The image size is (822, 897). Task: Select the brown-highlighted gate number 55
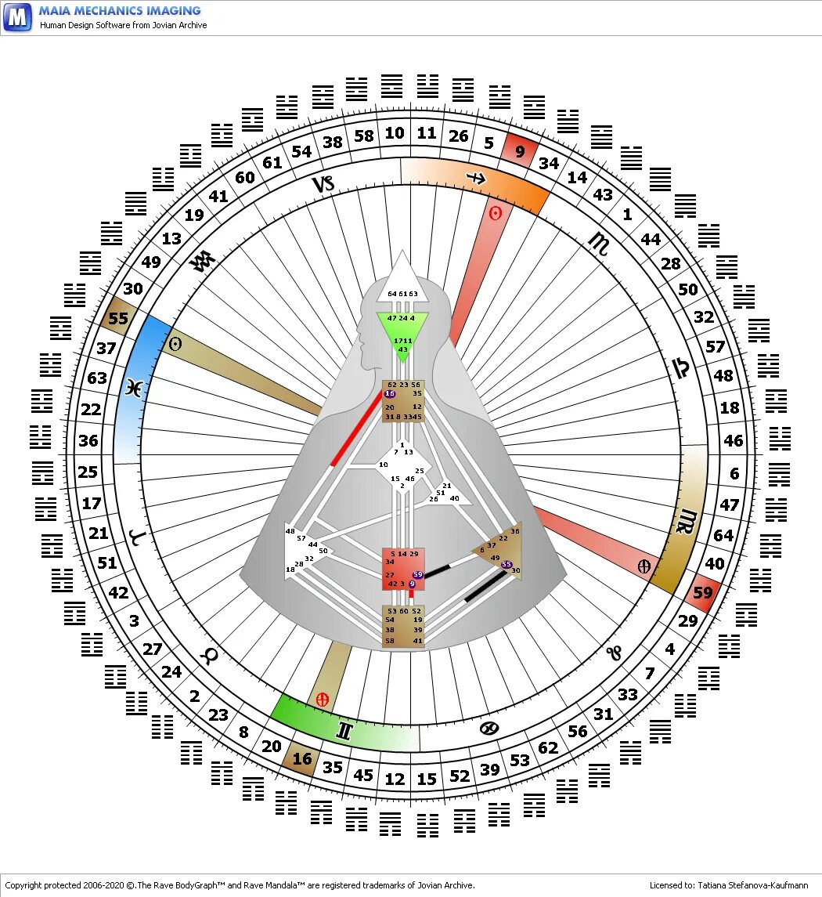[118, 318]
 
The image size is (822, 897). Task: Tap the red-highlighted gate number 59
[703, 593]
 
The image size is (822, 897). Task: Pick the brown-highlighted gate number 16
[301, 758]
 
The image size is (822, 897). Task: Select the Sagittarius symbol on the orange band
[477, 179]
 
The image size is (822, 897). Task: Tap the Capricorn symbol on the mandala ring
[323, 185]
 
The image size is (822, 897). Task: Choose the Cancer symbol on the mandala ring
[489, 729]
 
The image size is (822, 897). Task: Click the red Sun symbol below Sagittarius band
[495, 213]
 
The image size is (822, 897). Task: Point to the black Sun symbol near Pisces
[176, 344]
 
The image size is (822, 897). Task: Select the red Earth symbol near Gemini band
[322, 699]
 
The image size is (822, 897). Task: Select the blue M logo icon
[17, 16]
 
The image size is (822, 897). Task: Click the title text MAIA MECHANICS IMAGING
[120, 11]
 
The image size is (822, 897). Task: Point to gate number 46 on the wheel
[733, 440]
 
